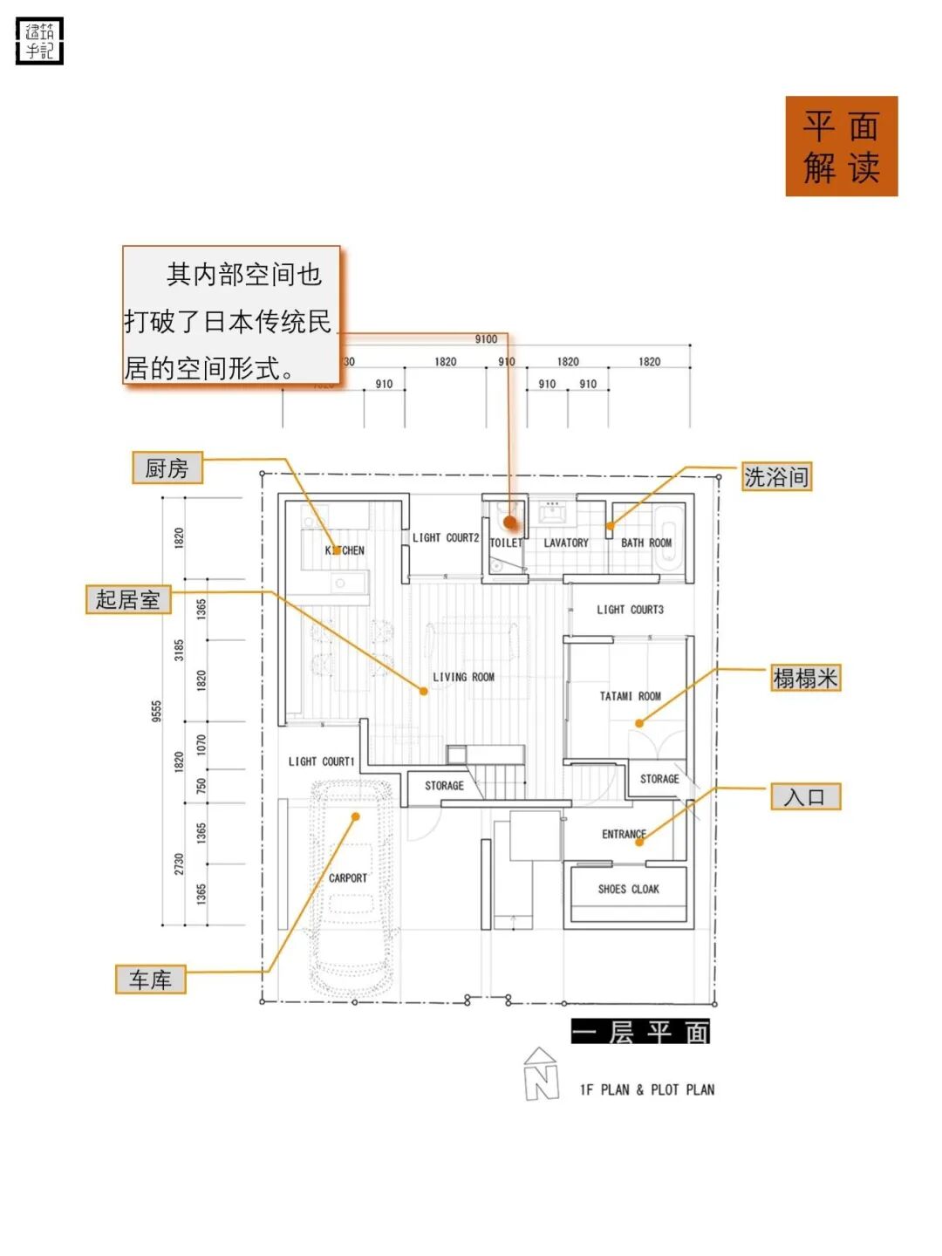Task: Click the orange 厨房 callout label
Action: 167,468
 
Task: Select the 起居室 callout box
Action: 127,600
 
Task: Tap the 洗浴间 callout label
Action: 775,477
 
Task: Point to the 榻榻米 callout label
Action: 805,678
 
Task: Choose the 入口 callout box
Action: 804,796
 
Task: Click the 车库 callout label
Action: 150,980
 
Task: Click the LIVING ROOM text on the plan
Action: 463,677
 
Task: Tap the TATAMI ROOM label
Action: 630,696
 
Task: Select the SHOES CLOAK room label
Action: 628,889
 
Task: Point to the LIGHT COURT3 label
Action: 630,610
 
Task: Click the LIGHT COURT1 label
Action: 321,761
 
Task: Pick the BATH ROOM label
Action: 645,543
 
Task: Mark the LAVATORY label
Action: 566,543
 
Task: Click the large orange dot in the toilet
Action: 510,522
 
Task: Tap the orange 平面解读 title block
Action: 841,147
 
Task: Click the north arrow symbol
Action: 541,1074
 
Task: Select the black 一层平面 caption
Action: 640,1032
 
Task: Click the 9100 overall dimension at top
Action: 486,339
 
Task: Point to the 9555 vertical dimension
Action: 156,711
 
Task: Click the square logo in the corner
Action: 40,41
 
